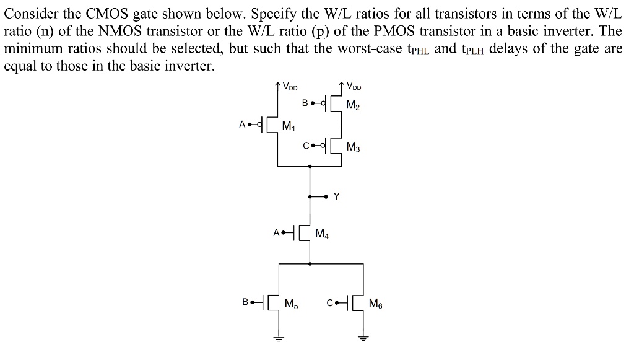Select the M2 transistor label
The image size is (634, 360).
coord(353,106)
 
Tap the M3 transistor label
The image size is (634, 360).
coord(353,147)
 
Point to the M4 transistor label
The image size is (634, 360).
coord(322,234)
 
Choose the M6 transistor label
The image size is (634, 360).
coord(375,304)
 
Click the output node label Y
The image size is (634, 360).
coord(336,196)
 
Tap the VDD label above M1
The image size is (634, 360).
coord(290,87)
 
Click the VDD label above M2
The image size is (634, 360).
coord(355,86)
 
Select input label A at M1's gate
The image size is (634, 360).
coord(243,124)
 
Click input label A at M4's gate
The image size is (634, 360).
coord(276,234)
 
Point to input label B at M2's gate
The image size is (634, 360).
coord(305,102)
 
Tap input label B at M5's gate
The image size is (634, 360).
coord(246,303)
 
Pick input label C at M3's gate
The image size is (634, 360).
coord(306,146)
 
